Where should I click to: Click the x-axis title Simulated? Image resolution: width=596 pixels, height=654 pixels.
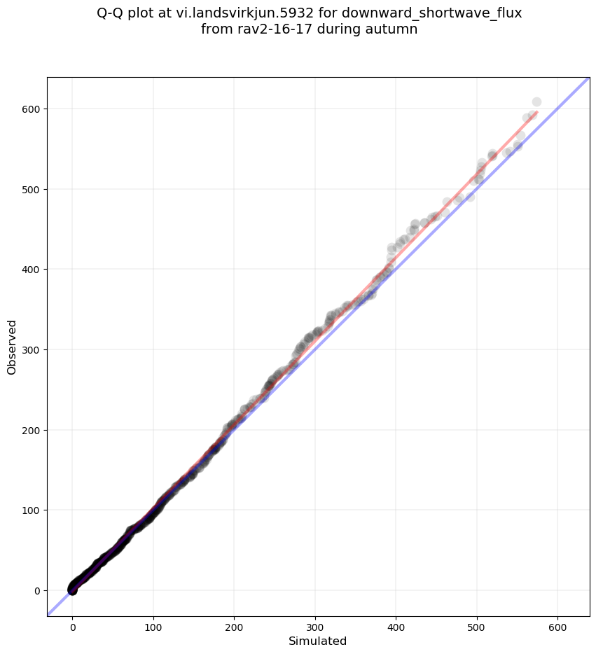[x=318, y=641]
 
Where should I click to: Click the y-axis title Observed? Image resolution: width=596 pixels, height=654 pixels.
[x=12, y=347]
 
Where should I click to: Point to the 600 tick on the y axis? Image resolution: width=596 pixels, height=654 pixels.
[x=32, y=109]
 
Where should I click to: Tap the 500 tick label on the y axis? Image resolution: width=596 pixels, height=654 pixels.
[x=32, y=190]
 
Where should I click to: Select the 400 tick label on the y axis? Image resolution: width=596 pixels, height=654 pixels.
[x=32, y=270]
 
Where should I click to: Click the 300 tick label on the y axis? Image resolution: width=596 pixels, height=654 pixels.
[x=32, y=350]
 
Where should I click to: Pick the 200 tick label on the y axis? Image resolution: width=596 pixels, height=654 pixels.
[x=32, y=430]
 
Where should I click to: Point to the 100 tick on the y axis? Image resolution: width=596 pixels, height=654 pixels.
[x=32, y=510]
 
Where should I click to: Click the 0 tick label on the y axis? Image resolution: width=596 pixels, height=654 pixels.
[x=37, y=590]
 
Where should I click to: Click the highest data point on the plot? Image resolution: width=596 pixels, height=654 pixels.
[x=536, y=102]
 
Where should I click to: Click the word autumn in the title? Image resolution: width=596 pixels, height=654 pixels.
[x=393, y=29]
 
